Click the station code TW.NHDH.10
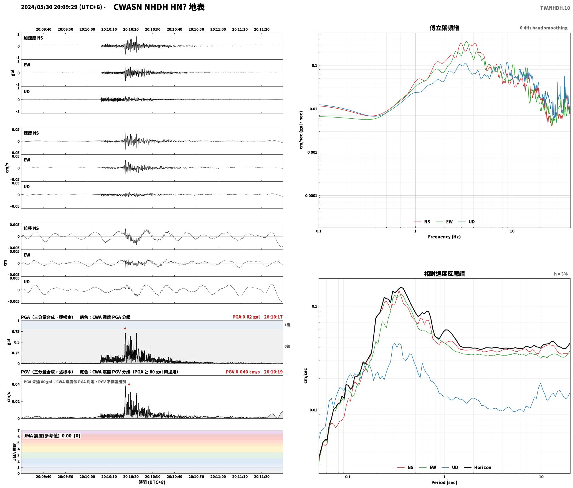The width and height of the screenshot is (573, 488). [x=555, y=8]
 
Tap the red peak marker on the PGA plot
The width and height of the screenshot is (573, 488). [x=125, y=328]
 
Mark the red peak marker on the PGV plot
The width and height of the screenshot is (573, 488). [x=129, y=384]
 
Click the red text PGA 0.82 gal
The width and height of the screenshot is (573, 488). [x=246, y=317]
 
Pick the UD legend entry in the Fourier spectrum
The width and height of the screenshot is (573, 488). [x=466, y=222]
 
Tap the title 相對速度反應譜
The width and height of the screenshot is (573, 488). [x=444, y=274]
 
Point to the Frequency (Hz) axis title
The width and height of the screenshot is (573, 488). [x=444, y=237]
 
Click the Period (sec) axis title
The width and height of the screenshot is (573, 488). [x=444, y=482]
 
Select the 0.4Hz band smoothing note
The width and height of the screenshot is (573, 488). [x=544, y=28]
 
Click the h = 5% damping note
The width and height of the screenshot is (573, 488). [x=561, y=274]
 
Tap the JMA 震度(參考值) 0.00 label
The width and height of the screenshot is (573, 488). [x=52, y=436]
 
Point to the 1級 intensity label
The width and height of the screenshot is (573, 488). [x=287, y=325]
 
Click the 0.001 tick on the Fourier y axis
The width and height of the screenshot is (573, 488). [x=312, y=152]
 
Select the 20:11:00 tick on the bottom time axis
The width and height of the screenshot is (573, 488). [x=218, y=477]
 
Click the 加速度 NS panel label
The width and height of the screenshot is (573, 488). [x=33, y=38]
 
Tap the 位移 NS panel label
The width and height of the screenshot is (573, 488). [x=31, y=228]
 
